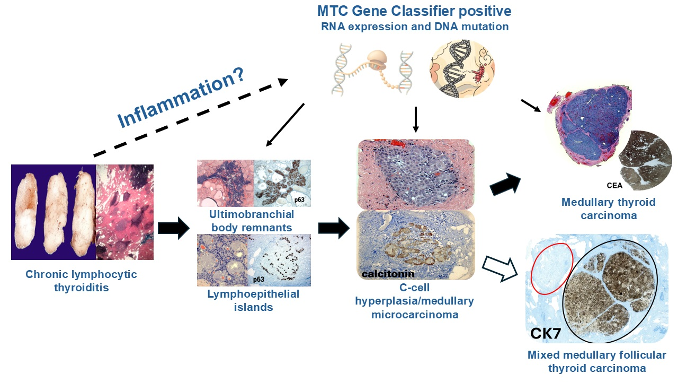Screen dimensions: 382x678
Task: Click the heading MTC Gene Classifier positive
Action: (x=414, y=11)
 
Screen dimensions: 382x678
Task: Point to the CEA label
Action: (x=614, y=186)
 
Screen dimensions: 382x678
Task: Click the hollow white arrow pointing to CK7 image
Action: (x=501, y=268)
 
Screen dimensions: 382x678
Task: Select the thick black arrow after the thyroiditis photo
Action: (x=173, y=228)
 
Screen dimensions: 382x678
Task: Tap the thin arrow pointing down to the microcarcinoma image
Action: (x=415, y=119)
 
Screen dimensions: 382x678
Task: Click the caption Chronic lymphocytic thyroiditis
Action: (x=81, y=281)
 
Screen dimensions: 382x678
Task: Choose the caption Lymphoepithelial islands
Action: (x=253, y=300)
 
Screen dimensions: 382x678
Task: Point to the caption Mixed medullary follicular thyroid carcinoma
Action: (x=597, y=361)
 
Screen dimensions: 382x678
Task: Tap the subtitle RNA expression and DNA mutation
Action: (x=415, y=27)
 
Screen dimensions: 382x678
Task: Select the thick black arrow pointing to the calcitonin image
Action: (x=333, y=228)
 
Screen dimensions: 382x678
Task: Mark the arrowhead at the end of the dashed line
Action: (x=283, y=82)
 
